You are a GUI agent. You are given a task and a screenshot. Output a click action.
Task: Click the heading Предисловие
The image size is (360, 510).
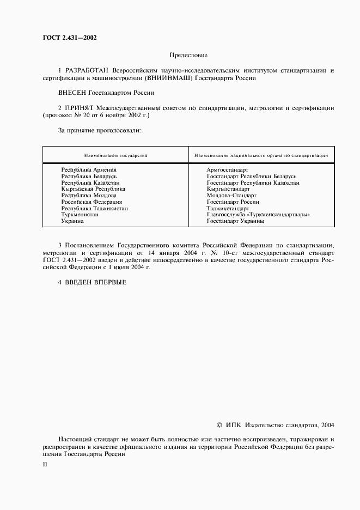tap(188, 55)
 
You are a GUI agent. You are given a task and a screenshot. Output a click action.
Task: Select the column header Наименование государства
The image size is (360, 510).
tap(115, 156)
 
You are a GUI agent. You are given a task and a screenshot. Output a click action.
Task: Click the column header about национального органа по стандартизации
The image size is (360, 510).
tap(261, 156)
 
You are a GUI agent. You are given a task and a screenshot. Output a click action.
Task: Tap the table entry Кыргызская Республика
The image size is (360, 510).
tap(93, 189)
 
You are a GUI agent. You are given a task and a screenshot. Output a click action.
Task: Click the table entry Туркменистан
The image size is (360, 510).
tap(80, 215)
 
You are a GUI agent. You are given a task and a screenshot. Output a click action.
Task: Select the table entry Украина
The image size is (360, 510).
tap(72, 221)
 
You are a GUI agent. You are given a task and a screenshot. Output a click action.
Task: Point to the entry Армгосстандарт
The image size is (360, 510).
tap(228, 170)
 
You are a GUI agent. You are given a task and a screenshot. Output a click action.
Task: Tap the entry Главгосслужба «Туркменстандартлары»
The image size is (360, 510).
tap(259, 215)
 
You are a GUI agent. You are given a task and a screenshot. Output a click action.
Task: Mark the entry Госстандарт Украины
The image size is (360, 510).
tap(236, 221)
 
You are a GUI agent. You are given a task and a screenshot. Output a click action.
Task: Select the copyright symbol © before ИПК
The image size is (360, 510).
tap(219, 425)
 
